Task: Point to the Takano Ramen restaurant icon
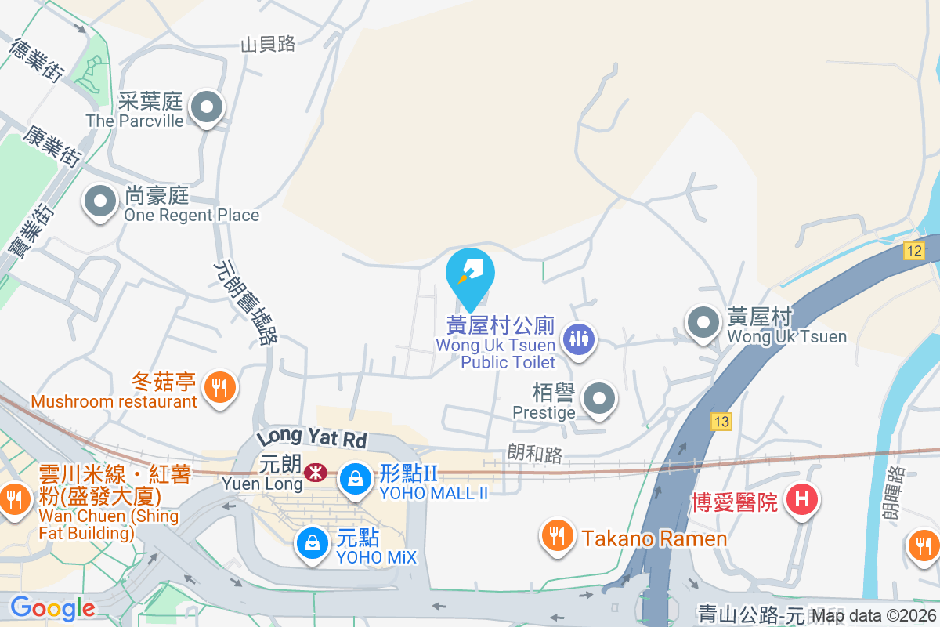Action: [x=557, y=536]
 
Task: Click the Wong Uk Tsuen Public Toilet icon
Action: [x=580, y=339]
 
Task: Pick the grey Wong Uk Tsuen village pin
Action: [x=703, y=322]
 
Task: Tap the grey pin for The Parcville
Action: [x=208, y=108]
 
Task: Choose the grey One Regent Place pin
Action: [x=99, y=201]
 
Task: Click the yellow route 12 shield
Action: [x=913, y=251]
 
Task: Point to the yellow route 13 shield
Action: [x=721, y=422]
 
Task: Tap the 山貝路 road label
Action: [x=268, y=45]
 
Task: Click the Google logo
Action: [x=52, y=608]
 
